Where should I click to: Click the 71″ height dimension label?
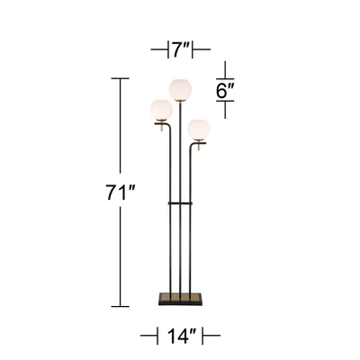(x=120, y=191)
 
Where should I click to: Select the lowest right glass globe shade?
(x=198, y=126)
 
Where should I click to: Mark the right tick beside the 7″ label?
(x=209, y=48)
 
